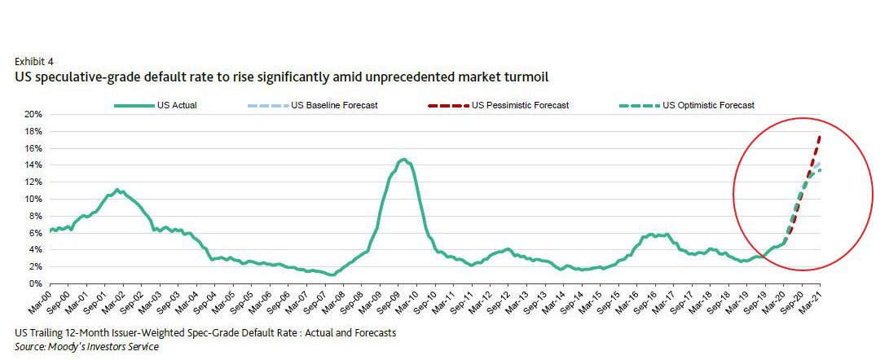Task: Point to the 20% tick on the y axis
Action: pos(33,115)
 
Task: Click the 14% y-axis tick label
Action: pos(33,165)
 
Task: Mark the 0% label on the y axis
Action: pos(36,283)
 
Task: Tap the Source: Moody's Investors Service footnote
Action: pos(86,347)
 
